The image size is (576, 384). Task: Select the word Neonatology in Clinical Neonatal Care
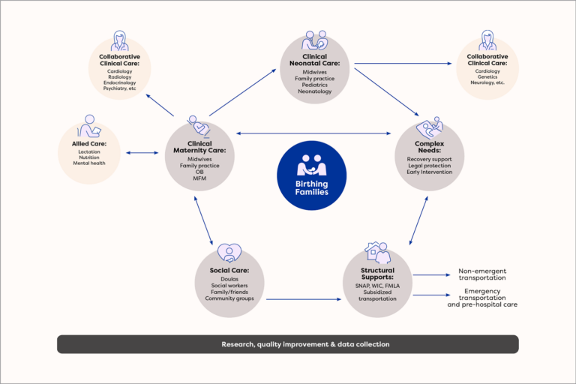[314, 91]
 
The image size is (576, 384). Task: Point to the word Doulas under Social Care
[230, 279]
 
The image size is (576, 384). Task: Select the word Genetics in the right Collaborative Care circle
[487, 76]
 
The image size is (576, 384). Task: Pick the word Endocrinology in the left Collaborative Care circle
[119, 82]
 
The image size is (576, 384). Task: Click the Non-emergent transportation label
[482, 274]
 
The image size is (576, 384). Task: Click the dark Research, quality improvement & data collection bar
[288, 344]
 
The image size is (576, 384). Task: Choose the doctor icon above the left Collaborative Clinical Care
[119, 41]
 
